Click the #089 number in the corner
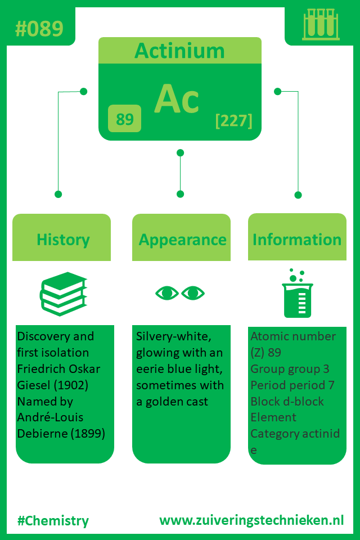tap(39, 29)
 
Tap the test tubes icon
tap(321, 24)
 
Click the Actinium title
tap(179, 51)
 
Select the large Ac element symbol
tap(177, 99)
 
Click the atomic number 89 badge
tap(124, 119)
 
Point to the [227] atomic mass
tap(234, 120)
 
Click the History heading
tap(63, 240)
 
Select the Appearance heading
tap(182, 240)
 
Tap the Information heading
tap(297, 240)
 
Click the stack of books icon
tap(64, 294)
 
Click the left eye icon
tap(167, 293)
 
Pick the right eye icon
tap(193, 293)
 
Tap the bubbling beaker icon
tap(298, 293)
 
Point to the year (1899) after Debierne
tap(88, 433)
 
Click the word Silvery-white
tap(174, 336)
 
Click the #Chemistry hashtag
tap(53, 521)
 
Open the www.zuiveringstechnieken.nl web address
tap(251, 520)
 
